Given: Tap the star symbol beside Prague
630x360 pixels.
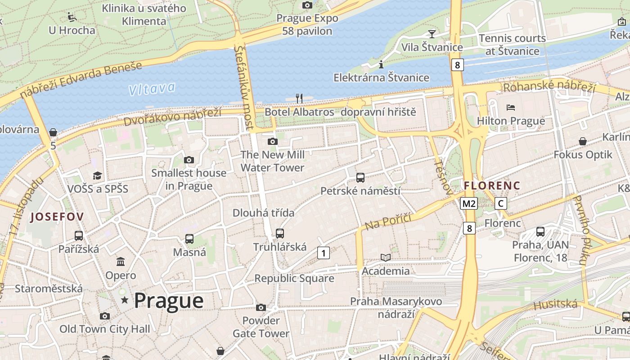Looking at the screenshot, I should (125, 300).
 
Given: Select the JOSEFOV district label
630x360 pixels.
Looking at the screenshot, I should (57, 217).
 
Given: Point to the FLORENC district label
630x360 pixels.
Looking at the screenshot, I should (492, 185).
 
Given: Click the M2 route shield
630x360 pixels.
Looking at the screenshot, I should (469, 203).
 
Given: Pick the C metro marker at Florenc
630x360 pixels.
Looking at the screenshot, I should (500, 203).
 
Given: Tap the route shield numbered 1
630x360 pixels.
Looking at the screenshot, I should (323, 253).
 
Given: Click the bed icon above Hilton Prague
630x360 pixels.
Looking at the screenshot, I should (511, 108).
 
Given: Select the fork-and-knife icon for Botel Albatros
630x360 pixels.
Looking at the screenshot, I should (299, 98).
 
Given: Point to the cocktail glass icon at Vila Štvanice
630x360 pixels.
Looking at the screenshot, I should (432, 33).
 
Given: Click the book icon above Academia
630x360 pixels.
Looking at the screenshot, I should (386, 257).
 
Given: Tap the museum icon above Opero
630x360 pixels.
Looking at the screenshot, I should (121, 261).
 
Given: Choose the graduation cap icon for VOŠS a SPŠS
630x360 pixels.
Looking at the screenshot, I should (98, 175).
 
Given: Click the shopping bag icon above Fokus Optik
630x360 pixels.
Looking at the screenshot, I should (583, 141).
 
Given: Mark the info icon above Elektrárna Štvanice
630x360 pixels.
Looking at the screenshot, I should (381, 64).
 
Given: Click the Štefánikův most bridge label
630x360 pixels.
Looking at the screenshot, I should (244, 88).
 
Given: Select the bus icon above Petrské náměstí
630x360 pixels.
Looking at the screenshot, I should (360, 177).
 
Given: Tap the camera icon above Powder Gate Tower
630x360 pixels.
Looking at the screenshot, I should (261, 307).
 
